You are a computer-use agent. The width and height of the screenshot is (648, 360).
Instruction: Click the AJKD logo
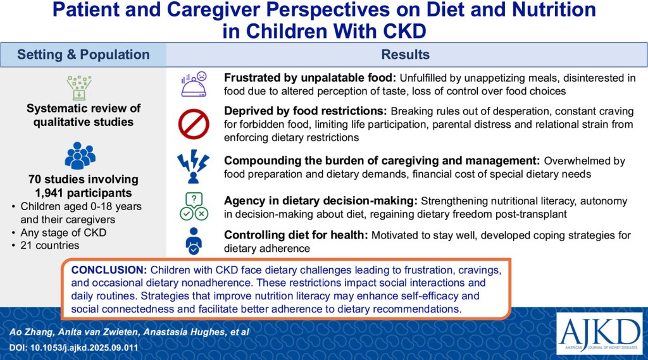pyautogui.click(x=599, y=334)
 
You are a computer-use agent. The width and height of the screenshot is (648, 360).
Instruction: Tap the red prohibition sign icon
pyautogui.click(x=194, y=124)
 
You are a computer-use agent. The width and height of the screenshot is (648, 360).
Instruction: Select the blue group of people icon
pyautogui.click(x=80, y=156)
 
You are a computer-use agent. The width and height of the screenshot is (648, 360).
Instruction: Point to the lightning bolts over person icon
pyautogui.click(x=194, y=166)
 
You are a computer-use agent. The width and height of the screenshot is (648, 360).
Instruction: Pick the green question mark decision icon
pyautogui.click(x=194, y=207)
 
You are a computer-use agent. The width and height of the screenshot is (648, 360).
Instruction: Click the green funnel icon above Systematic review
pyautogui.click(x=79, y=87)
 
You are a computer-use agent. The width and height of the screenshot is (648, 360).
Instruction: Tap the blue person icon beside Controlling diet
pyautogui.click(x=194, y=241)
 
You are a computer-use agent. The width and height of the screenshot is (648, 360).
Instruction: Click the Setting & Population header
pyautogui.click(x=84, y=54)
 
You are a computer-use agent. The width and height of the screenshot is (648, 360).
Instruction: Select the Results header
pyautogui.click(x=406, y=54)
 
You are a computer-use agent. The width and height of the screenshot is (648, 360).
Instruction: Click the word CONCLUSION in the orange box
pyautogui.click(x=109, y=270)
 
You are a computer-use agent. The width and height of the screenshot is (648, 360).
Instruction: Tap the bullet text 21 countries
pyautogui.click(x=49, y=245)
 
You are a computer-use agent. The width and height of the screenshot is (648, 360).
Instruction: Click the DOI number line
pyautogui.click(x=73, y=347)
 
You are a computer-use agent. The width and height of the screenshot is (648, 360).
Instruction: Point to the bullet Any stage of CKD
pyautogui.click(x=63, y=232)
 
